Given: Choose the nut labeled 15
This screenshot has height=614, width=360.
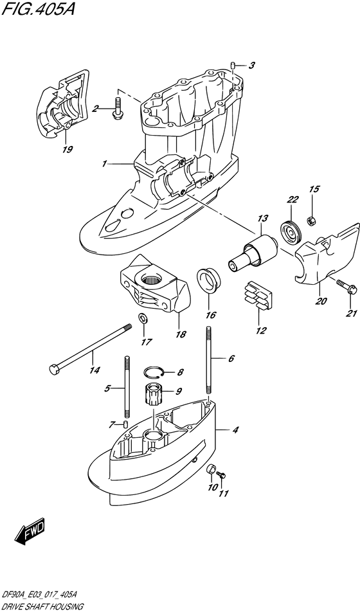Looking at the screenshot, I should (309, 221).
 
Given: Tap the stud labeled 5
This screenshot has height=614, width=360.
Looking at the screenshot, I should (126, 388).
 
